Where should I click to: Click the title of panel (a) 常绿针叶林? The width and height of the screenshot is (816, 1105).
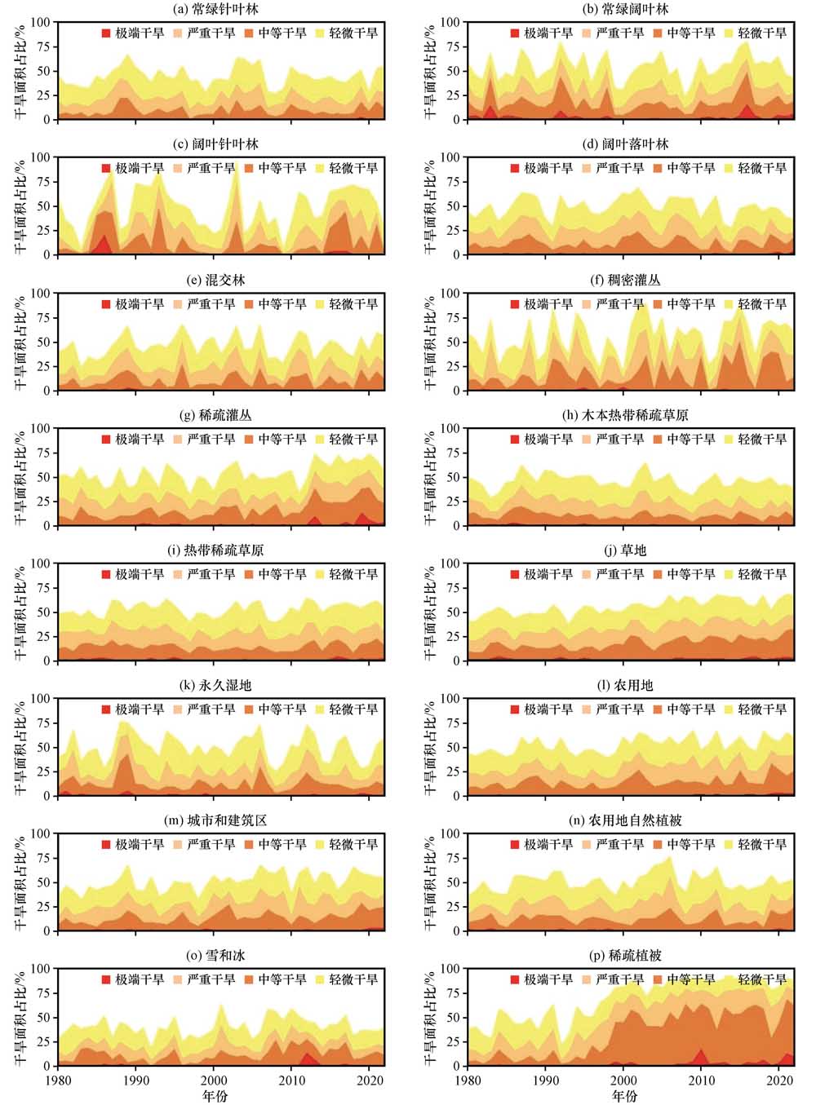216,9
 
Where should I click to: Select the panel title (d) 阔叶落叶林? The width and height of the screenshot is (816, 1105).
625,144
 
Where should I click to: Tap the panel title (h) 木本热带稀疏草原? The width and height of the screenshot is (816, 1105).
625,415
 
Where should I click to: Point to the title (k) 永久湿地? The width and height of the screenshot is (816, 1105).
216,686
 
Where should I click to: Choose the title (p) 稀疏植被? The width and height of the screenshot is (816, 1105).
625,956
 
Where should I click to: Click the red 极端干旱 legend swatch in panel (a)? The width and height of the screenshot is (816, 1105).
105,33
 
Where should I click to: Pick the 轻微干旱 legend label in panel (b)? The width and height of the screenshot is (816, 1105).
762,33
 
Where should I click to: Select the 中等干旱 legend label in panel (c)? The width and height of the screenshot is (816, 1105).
282,169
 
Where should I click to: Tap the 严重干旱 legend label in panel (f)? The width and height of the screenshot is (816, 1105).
620,304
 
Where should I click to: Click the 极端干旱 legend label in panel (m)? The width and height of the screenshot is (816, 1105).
140,845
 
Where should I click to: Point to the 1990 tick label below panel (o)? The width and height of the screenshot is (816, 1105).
136,1081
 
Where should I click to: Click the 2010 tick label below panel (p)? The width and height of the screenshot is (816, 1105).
701,1081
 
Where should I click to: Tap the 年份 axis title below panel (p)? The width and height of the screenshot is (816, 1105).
625,1096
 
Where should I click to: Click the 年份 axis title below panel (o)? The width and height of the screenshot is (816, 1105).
215,1096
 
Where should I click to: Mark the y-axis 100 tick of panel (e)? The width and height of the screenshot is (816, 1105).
41,293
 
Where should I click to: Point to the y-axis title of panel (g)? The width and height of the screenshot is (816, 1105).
20,477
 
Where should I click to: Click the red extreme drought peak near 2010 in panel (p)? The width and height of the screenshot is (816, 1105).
700,1056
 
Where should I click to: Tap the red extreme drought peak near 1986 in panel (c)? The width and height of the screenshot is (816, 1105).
104,242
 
